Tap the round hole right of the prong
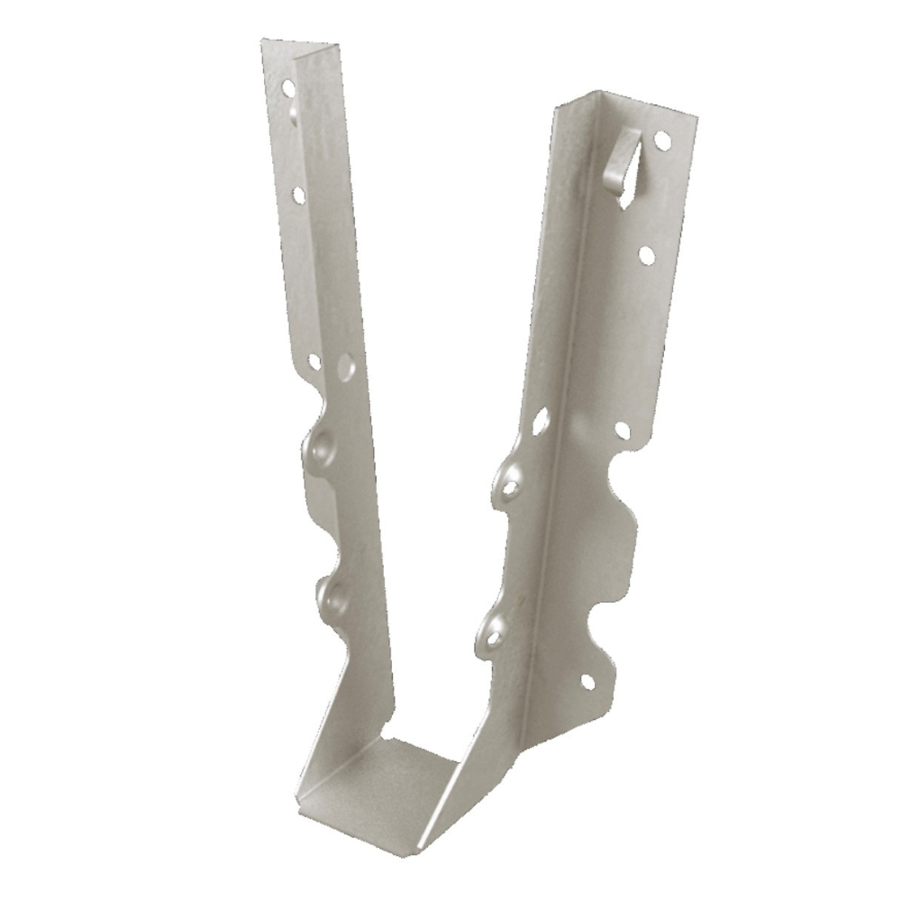tap(662, 141)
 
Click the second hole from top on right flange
tap(647, 255)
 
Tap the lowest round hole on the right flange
tap(587, 682)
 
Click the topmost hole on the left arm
tap(288, 88)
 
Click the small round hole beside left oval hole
tap(314, 361)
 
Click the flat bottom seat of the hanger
tap(405, 766)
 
